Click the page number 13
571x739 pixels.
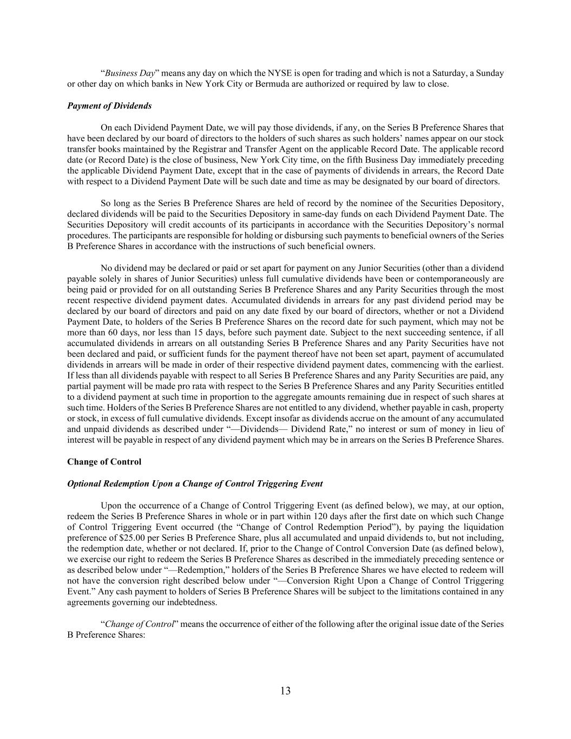pyautogui.click(x=285, y=690)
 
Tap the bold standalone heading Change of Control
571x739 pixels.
pyautogui.click(x=104, y=462)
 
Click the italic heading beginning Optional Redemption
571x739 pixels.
pyautogui.click(x=195, y=483)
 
